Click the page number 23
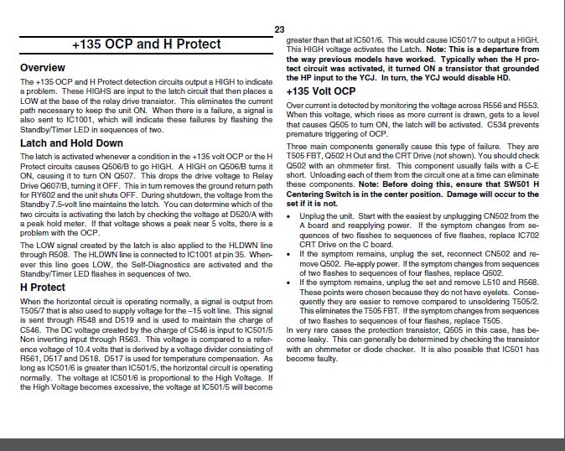280,29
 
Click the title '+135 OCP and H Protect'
148,44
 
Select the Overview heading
43,67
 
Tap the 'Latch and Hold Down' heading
71,143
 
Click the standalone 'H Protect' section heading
43,288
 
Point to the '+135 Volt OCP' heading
321,91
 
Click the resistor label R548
104,319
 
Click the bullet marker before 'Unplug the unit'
290,216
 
